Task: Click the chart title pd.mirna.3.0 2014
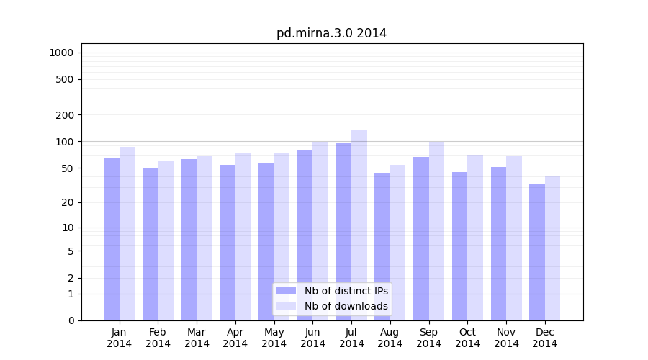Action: click(x=331, y=33)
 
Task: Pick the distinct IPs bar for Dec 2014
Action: click(x=537, y=252)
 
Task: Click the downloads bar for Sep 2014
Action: click(x=436, y=230)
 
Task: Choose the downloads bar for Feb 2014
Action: click(x=166, y=240)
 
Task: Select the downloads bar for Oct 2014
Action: click(x=475, y=238)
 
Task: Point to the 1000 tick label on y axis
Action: click(x=61, y=53)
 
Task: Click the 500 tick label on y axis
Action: click(x=65, y=79)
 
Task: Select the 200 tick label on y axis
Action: click(x=65, y=115)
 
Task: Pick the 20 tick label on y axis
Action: click(x=68, y=202)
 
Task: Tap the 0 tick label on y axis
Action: click(x=71, y=320)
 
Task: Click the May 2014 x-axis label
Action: click(x=274, y=338)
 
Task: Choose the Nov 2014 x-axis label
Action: click(x=506, y=338)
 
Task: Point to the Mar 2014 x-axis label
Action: click(x=197, y=338)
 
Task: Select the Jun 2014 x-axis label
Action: click(x=312, y=338)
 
